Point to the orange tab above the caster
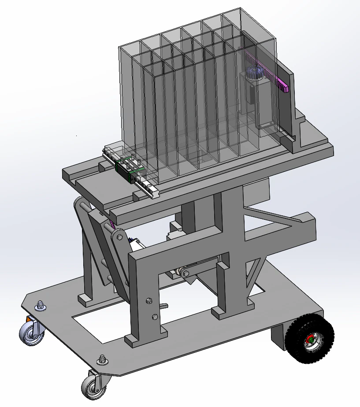29,318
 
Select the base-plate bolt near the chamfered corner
103,359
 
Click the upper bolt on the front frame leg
149,301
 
